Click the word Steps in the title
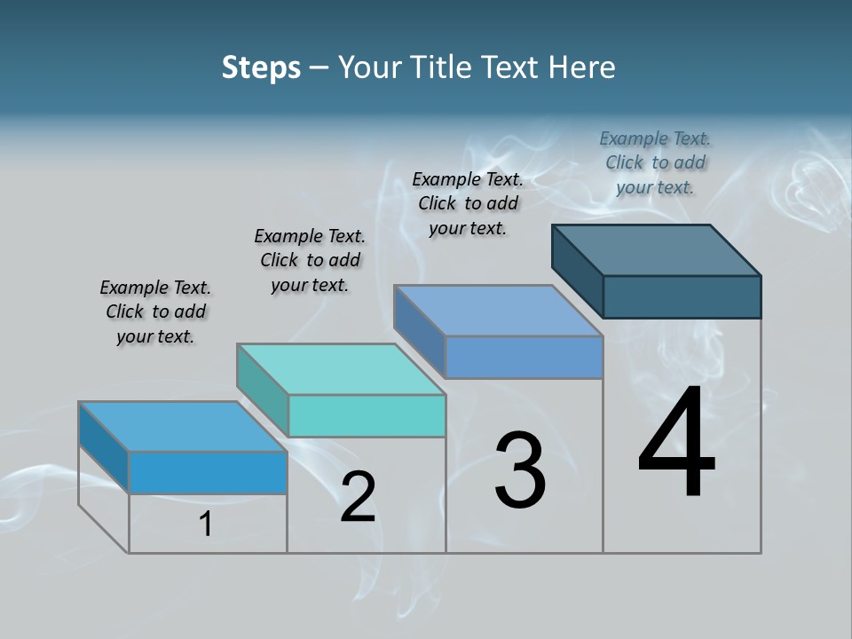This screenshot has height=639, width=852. point(261,67)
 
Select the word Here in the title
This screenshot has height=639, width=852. point(582,67)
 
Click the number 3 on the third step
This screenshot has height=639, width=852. point(520,470)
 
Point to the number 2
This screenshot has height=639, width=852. point(358,497)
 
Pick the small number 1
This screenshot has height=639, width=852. point(206,525)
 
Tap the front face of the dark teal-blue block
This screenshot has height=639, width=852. point(682,296)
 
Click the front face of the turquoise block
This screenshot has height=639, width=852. point(367,415)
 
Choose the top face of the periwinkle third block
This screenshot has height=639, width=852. point(499,311)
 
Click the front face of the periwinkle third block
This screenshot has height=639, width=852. point(524,357)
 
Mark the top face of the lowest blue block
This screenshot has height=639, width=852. point(183,427)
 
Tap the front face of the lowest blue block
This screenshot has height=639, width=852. point(208,472)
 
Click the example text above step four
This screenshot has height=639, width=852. point(655,162)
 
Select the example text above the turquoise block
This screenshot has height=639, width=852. point(310,260)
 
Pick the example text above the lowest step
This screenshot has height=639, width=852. point(155,312)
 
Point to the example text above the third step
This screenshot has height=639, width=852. point(468,203)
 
